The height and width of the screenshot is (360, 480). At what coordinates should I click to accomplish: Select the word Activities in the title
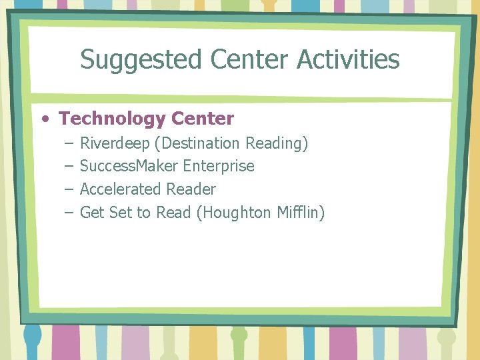(x=349, y=60)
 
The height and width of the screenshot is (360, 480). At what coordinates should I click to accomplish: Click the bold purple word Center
(x=203, y=119)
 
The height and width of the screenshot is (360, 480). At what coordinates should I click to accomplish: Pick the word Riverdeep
(x=115, y=143)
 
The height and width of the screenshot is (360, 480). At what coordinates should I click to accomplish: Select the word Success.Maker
(x=129, y=166)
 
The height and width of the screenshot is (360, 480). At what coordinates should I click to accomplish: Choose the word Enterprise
(x=219, y=166)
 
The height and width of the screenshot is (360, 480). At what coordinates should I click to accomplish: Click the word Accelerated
(x=121, y=189)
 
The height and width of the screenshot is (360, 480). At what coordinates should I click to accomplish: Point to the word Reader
(x=191, y=189)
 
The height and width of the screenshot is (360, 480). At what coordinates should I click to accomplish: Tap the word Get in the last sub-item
(x=91, y=213)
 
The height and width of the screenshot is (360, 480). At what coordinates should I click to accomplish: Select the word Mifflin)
(x=301, y=213)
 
